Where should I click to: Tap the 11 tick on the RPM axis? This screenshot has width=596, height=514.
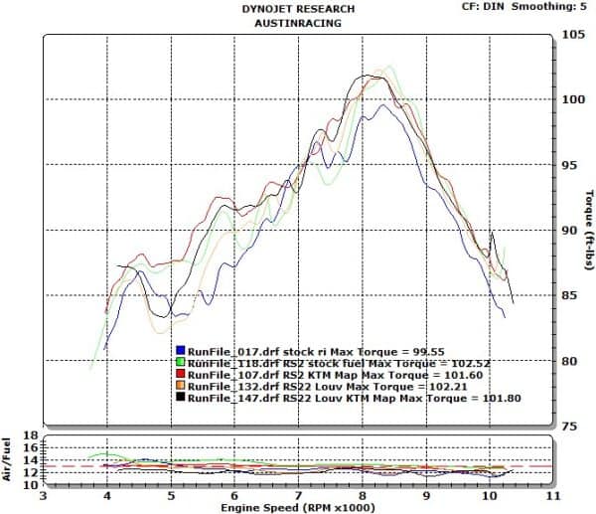click(554, 494)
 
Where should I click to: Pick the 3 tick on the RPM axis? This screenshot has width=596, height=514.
click(43, 494)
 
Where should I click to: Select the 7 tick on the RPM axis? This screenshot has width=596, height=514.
click(298, 494)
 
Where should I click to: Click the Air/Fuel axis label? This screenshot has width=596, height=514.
click(9, 458)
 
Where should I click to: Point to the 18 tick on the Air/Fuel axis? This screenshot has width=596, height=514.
click(30, 436)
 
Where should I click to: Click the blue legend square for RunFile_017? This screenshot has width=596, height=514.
click(180, 351)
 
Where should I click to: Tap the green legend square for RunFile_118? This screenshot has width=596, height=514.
click(180, 363)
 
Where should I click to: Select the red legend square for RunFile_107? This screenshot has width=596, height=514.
click(180, 375)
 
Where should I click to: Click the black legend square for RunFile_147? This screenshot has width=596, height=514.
click(180, 398)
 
